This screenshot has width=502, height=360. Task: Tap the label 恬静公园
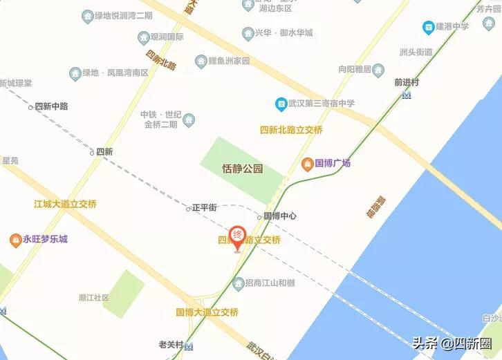[x=242, y=169]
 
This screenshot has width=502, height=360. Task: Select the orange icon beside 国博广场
[x=307, y=164]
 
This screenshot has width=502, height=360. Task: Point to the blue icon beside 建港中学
[x=428, y=28]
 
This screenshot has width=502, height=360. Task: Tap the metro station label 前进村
[x=407, y=82]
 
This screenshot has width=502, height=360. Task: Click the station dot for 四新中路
[x=30, y=107]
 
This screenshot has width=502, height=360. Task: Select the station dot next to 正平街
[x=188, y=209]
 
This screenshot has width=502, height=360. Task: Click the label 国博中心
[x=279, y=216]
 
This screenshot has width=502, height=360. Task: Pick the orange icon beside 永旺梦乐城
[x=15, y=240]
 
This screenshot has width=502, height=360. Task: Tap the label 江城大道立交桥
[x=66, y=205]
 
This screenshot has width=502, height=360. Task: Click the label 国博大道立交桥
[x=207, y=312]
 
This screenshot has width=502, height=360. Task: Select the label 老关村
[x=171, y=345]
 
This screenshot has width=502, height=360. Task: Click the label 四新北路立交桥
[x=291, y=130]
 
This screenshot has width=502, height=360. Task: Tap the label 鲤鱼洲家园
[x=229, y=61]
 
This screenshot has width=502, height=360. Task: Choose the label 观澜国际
[x=167, y=37]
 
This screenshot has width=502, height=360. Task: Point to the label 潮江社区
[x=94, y=298]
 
